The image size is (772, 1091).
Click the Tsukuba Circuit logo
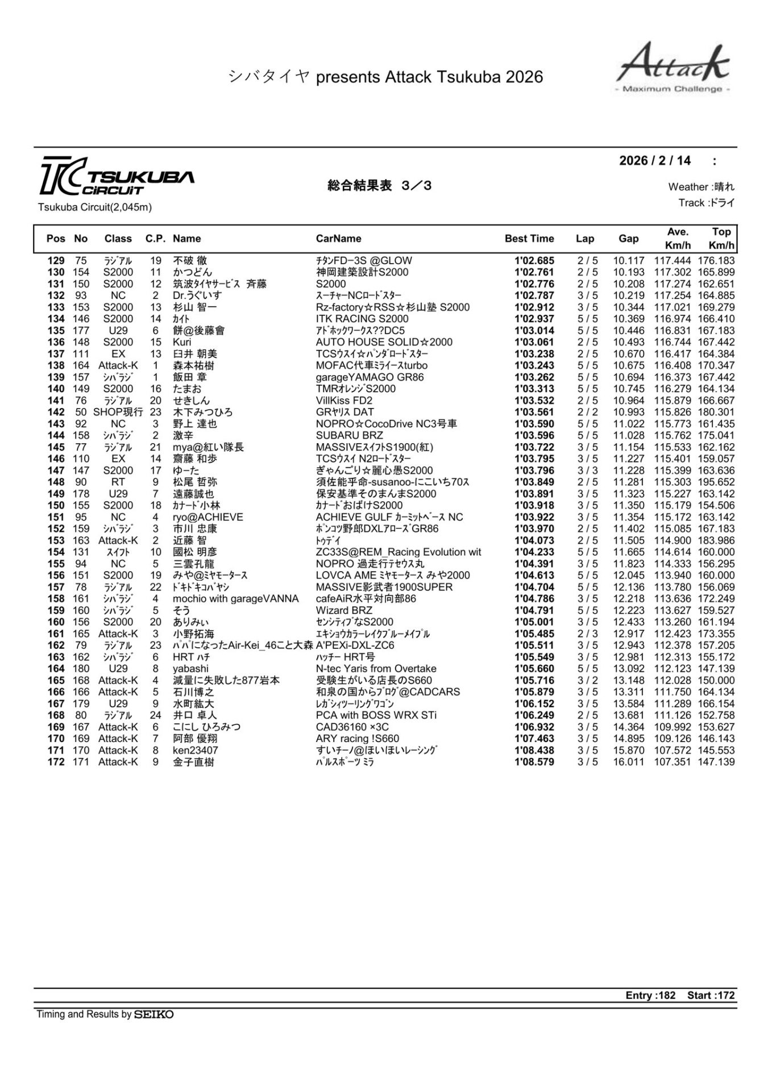click(117, 176)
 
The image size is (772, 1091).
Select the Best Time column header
click(529, 239)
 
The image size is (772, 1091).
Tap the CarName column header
click(338, 239)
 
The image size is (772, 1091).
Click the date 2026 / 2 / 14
click(655, 161)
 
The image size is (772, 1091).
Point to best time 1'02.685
click(534, 261)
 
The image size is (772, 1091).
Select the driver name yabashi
click(190, 669)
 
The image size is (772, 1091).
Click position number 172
click(56, 762)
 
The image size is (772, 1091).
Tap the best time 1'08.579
click(534, 762)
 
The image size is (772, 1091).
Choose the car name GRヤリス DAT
click(345, 413)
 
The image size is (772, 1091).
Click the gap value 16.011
click(628, 762)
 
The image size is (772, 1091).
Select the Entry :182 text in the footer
click(650, 996)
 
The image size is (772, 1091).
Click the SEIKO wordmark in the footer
click(153, 1014)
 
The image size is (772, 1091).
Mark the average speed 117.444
click(673, 261)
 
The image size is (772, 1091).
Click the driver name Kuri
click(182, 343)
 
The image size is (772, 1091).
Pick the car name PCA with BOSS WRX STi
click(376, 715)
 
